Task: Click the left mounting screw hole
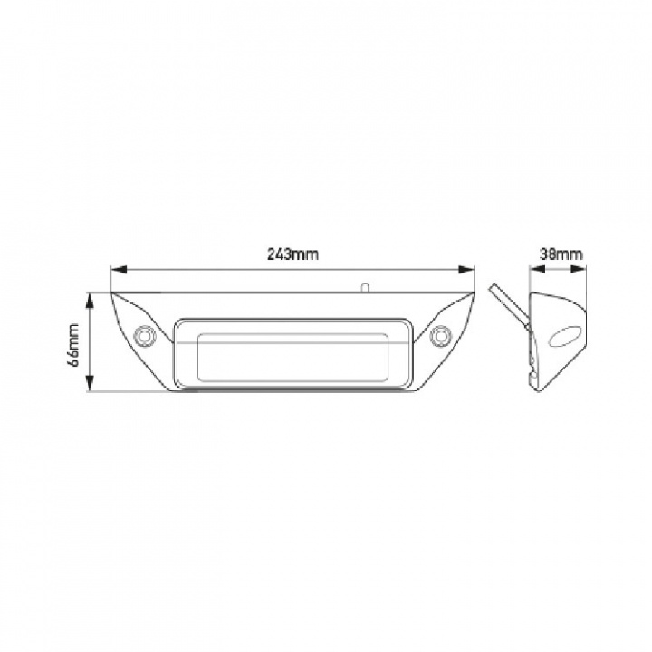coord(143,335)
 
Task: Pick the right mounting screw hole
coord(441,335)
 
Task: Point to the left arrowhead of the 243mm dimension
coord(115,269)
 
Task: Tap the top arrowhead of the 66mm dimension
coord(90,297)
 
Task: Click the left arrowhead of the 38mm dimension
coord(533,269)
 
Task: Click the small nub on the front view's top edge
coord(364,288)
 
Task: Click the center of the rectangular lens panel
coord(292,353)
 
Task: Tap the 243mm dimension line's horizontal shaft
coord(226,269)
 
